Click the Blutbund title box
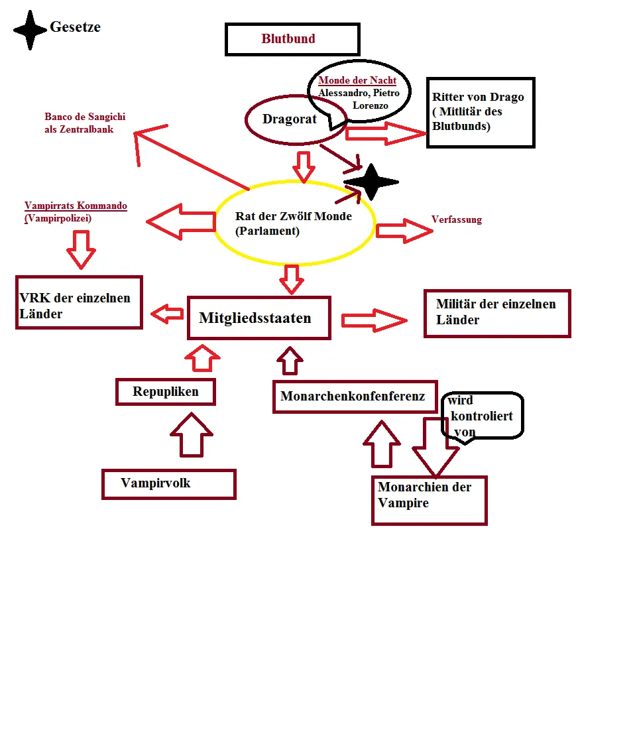tap(292, 39)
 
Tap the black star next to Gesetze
tap(30, 29)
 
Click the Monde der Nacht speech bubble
tap(359, 92)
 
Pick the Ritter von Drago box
tap(481, 112)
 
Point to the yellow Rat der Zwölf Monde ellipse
tap(295, 223)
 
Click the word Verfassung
tap(456, 219)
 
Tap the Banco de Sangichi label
tap(84, 123)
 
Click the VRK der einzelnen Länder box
tap(80, 302)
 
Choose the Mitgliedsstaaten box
tap(259, 318)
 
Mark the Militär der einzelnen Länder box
tap(496, 313)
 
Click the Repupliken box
tap(166, 391)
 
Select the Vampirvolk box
tap(168, 483)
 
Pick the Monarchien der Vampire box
tap(429, 500)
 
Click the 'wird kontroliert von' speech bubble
tap(482, 416)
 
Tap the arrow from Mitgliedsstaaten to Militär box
tap(374, 320)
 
